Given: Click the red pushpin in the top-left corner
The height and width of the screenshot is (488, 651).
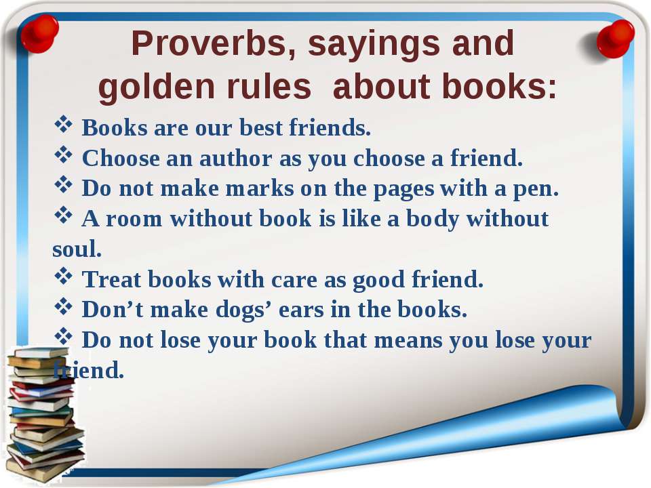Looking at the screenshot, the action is [x=40, y=34].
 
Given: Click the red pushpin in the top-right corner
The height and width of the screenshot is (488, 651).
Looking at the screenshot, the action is [x=615, y=39].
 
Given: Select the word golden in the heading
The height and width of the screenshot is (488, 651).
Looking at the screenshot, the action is [x=157, y=86].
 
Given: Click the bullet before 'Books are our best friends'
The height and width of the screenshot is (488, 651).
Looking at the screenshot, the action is [x=63, y=125].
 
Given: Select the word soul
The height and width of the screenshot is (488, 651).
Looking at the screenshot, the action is [x=77, y=248].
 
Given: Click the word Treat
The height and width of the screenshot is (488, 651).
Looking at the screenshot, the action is [x=111, y=279].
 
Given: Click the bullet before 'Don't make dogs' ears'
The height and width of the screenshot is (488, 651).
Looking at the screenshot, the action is [x=63, y=306].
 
